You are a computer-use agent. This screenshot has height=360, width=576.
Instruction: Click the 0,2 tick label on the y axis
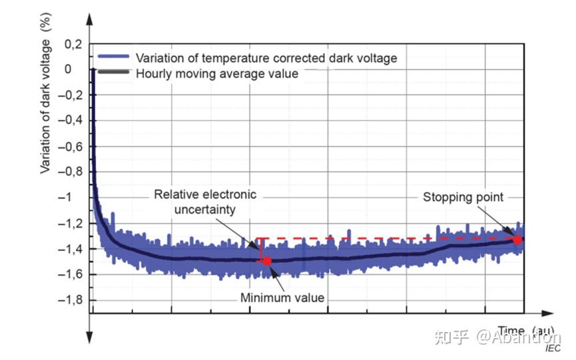tap(73, 44)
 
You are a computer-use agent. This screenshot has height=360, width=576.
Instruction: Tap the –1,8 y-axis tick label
tap(69, 300)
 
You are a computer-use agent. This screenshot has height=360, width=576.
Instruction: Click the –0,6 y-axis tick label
tap(69, 146)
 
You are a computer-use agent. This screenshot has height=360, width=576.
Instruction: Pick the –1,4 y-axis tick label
tap(69, 249)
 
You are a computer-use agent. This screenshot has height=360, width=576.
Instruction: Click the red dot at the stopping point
tap(517, 240)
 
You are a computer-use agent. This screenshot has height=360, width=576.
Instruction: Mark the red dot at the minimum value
tap(267, 261)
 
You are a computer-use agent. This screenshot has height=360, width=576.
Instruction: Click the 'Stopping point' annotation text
tap(463, 197)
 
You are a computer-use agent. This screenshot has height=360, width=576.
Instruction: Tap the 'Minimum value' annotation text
tap(282, 297)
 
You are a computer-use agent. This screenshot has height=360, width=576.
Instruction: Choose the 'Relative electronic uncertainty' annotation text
tap(205, 202)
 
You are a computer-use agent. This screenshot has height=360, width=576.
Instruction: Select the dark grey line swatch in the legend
tap(114, 73)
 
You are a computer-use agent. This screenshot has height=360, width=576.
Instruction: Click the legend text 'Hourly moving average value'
tap(217, 73)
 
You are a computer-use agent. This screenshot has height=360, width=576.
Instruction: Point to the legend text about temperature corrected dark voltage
tap(266, 58)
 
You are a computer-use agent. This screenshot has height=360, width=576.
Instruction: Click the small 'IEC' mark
tap(553, 348)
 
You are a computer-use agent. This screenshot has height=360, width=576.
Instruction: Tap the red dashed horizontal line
tap(386, 238)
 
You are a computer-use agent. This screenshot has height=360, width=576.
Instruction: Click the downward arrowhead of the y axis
tap(90, 339)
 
